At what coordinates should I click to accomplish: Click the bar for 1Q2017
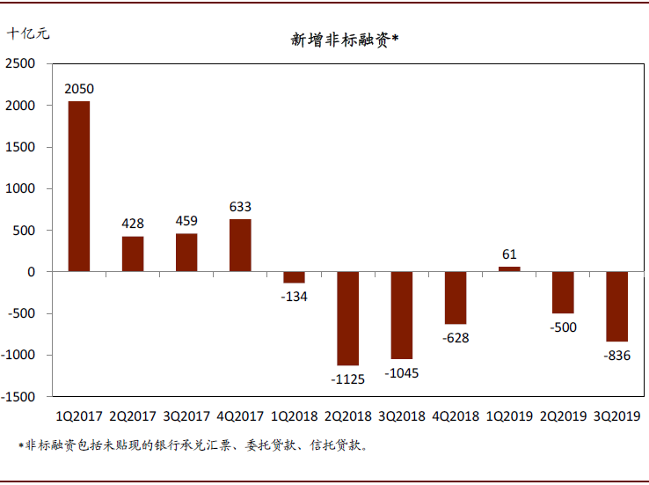[x=79, y=187]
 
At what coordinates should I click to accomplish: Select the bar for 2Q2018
[x=348, y=319]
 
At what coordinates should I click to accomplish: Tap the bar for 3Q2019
[x=617, y=306]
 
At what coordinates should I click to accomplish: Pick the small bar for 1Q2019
[x=509, y=268]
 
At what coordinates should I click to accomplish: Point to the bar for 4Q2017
[x=240, y=246]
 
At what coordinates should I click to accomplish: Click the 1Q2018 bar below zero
[x=294, y=277]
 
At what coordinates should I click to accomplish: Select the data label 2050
[x=79, y=89]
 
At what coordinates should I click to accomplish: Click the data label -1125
[x=348, y=378]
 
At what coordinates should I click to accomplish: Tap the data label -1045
[x=402, y=373]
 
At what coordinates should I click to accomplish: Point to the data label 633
[x=240, y=208]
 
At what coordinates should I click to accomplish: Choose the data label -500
[x=563, y=327]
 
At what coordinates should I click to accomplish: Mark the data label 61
[x=509, y=254]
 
